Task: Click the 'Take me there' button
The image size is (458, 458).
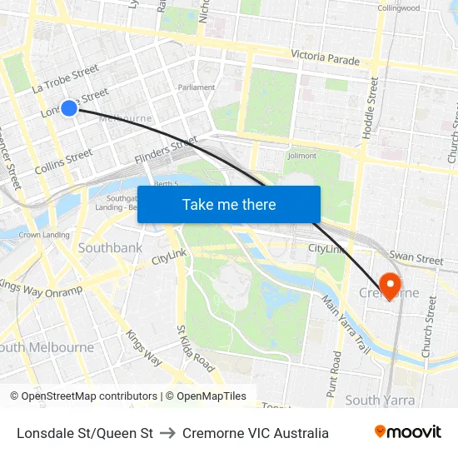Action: (x=229, y=204)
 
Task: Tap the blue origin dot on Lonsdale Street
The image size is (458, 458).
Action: (x=69, y=107)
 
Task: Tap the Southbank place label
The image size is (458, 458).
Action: (x=110, y=247)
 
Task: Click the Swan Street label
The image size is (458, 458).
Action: (x=416, y=260)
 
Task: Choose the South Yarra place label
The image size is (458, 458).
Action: (x=380, y=400)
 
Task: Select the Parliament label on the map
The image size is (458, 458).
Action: (x=197, y=87)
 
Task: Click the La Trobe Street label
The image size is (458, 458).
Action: (x=65, y=79)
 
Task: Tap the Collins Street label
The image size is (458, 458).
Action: (x=63, y=162)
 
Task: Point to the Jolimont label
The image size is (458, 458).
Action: (x=301, y=155)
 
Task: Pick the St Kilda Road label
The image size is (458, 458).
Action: (x=195, y=348)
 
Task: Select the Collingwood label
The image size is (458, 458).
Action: (x=399, y=7)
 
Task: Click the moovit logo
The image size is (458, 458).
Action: (x=407, y=432)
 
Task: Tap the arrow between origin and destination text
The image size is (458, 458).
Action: (x=167, y=433)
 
